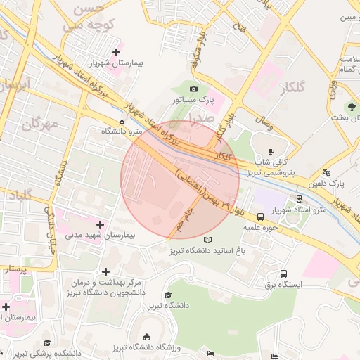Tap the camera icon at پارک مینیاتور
pos(193,89)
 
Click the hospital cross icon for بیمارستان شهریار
pos(115,49)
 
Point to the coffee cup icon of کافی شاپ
pos(271,151)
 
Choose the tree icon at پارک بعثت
pos(351,106)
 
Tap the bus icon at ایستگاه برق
pos(283,274)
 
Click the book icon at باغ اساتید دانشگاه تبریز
pos(207,240)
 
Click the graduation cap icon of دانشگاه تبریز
pos(167,295)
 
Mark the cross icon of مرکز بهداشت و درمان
pos(105,271)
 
